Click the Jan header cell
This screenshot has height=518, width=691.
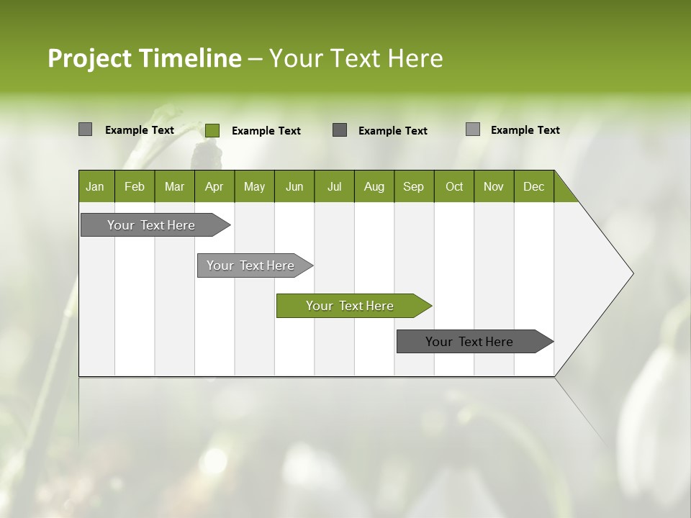tap(96, 186)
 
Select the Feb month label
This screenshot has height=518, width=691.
tap(135, 186)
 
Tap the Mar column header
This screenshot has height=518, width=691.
tap(174, 186)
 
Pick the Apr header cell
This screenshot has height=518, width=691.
tap(214, 186)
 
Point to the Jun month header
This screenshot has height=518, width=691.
tap(294, 186)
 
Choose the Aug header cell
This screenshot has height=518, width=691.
tap(374, 186)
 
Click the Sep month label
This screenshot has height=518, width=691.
tap(414, 186)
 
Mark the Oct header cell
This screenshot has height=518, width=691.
tap(454, 186)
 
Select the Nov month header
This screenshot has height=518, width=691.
tap(494, 186)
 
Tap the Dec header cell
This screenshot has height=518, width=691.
tap(534, 186)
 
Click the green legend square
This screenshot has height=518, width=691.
tap(212, 130)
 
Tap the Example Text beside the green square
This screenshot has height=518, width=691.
tap(266, 131)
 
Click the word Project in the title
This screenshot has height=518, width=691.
tap(90, 58)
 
